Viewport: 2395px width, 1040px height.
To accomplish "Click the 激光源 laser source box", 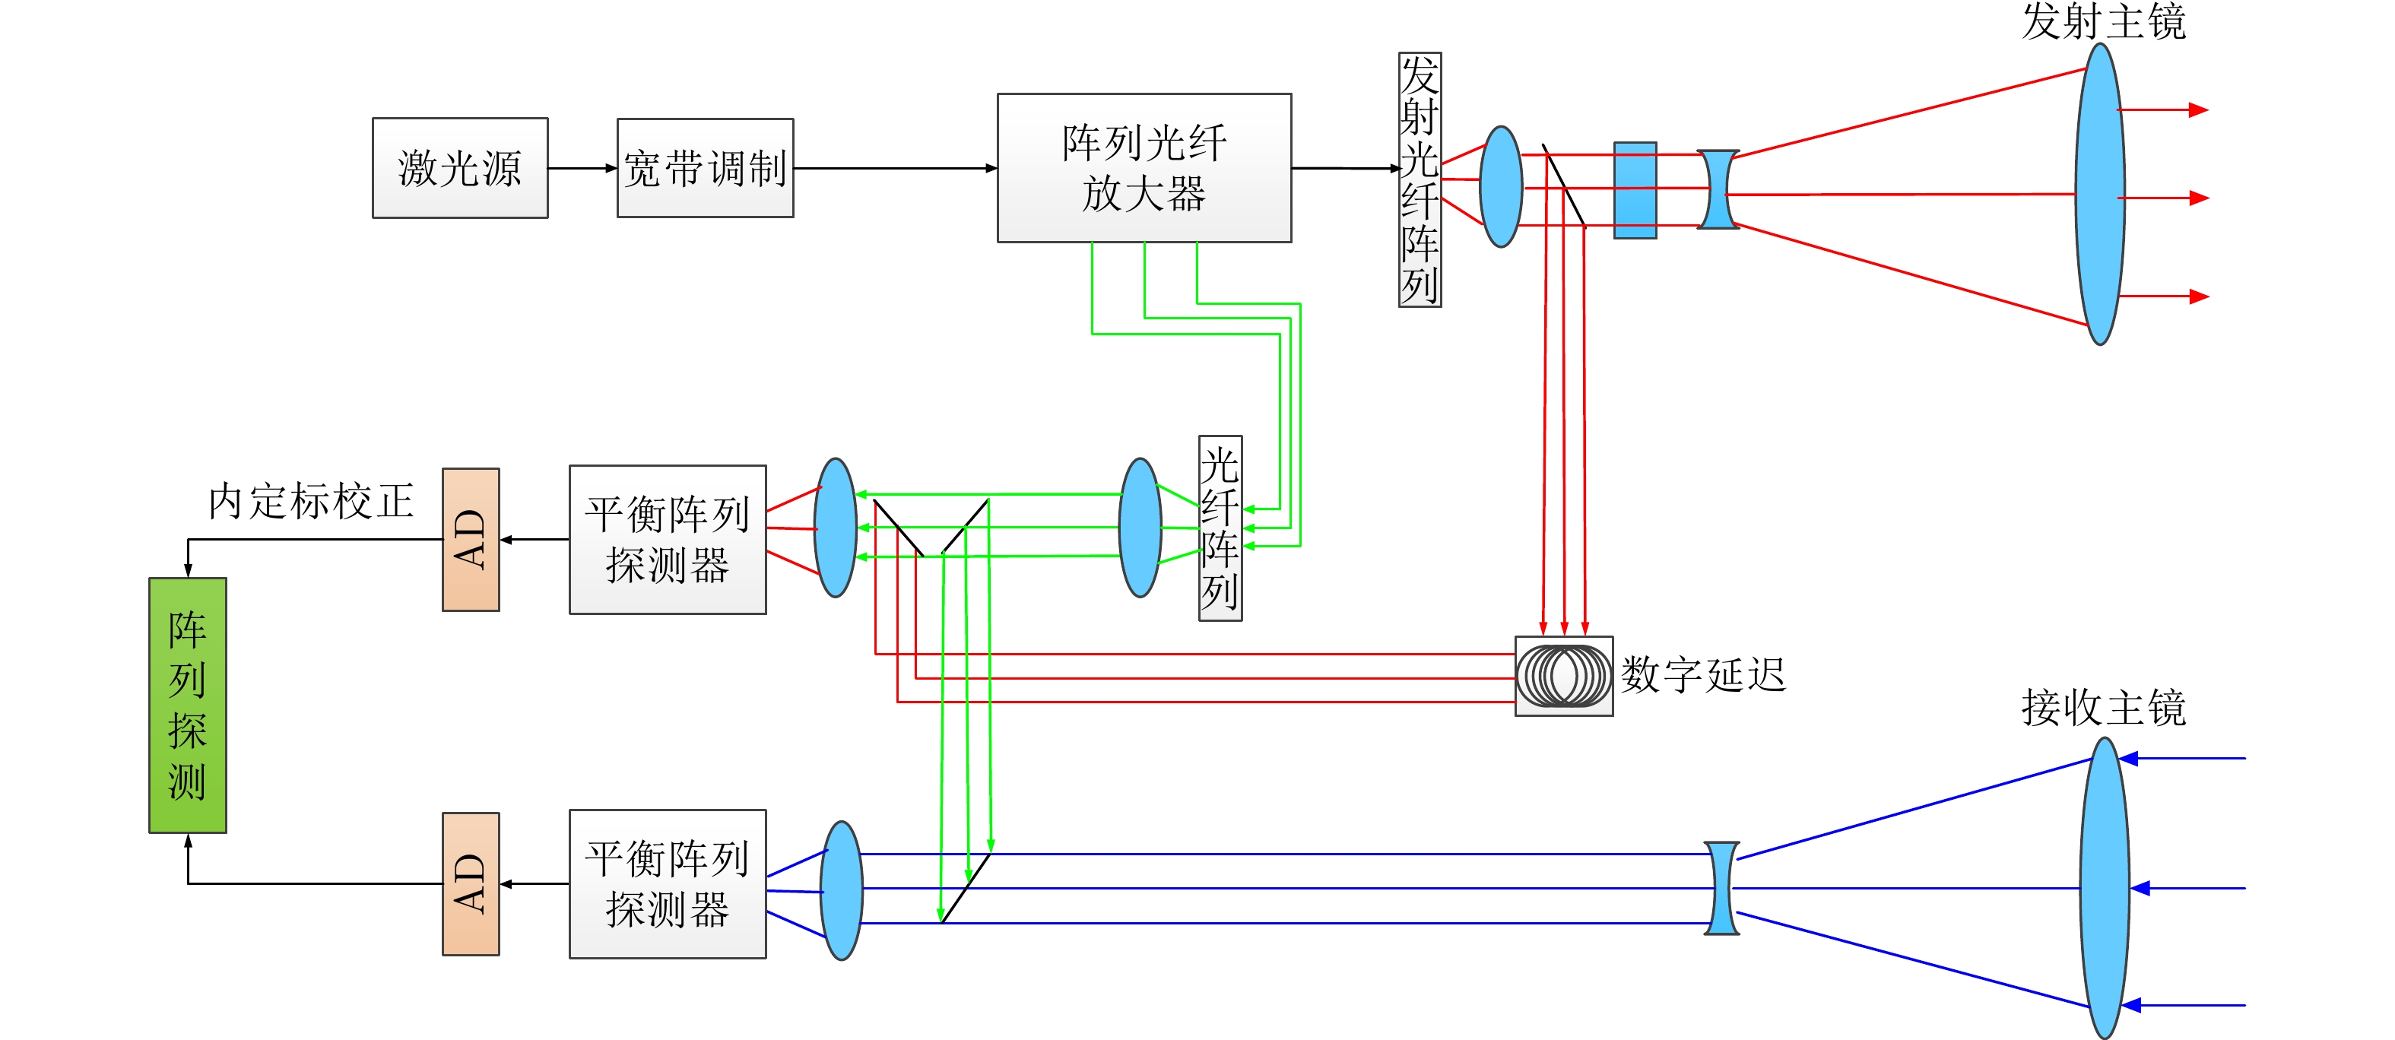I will [x=460, y=168].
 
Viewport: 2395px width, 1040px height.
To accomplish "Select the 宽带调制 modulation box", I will [x=705, y=168].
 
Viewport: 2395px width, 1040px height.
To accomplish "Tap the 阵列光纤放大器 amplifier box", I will [x=1144, y=168].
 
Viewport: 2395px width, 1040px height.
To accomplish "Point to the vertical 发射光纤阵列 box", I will [x=1420, y=179].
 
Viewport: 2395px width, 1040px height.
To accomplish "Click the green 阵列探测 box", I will [x=188, y=705].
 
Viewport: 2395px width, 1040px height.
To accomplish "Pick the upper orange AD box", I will [x=471, y=539].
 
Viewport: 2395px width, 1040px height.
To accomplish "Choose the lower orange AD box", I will [x=471, y=884].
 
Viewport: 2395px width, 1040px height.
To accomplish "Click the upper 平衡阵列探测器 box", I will [x=668, y=539].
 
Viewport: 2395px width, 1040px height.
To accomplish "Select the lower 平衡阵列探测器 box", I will [x=668, y=884].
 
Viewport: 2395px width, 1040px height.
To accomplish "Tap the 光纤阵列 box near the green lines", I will [x=1220, y=528].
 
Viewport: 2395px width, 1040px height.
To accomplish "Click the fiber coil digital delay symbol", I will [x=1564, y=676].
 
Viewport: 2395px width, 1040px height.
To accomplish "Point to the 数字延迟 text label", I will [x=1703, y=676].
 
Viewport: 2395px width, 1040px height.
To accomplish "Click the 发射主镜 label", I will [x=2103, y=21].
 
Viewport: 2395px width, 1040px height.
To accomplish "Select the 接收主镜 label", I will [x=2103, y=709].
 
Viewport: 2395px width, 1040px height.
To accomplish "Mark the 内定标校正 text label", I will [x=310, y=502].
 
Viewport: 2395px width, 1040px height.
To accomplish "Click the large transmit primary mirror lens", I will [x=2099, y=195].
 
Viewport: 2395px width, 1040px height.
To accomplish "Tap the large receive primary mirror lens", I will [x=2104, y=888].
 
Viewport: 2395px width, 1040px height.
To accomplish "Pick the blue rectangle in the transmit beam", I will [x=1635, y=191].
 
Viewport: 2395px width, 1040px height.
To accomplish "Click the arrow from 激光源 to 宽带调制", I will [x=582, y=168].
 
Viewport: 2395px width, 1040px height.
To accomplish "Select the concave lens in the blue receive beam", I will [x=1721, y=888].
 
